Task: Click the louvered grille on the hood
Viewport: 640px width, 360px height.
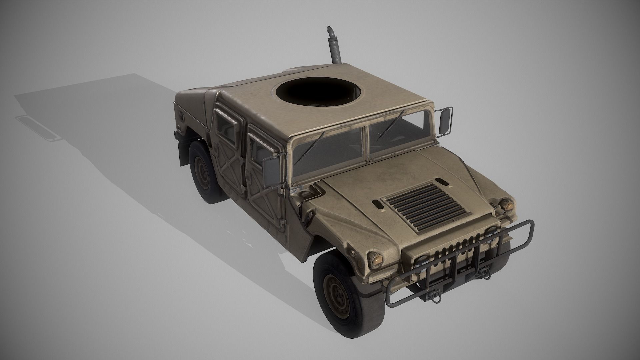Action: (x=424, y=206)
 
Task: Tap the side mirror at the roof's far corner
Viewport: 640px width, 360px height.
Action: (x=446, y=121)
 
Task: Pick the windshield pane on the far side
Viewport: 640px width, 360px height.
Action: (x=397, y=133)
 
